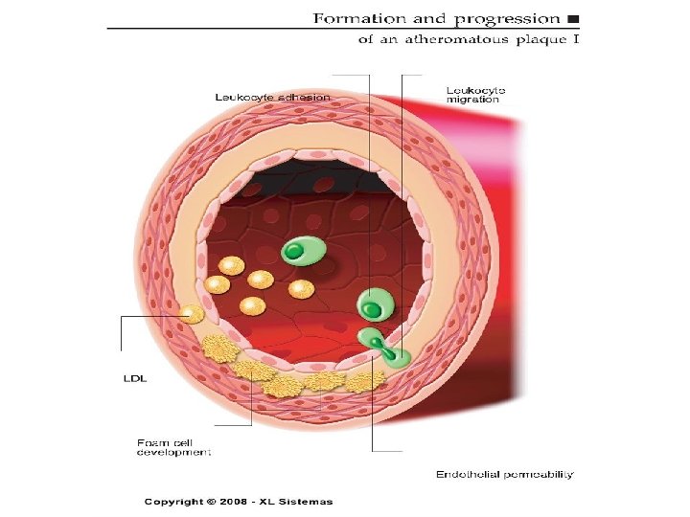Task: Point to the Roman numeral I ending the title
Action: point(575,40)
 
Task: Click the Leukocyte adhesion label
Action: point(271,97)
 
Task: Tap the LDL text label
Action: point(134,379)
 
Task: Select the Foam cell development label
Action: point(173,446)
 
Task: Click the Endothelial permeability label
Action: point(505,474)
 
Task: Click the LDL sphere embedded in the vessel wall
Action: point(192,314)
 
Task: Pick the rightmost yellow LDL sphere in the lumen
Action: point(302,288)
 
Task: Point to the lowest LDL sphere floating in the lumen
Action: point(252,306)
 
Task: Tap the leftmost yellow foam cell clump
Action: point(218,348)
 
